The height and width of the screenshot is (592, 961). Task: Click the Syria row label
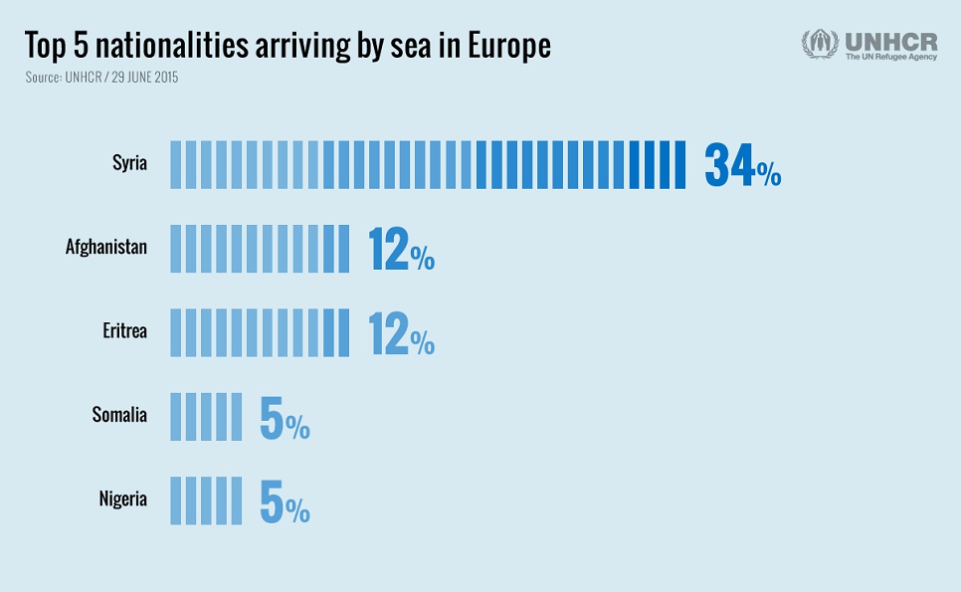[x=129, y=163]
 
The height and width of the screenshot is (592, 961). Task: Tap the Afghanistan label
[x=106, y=247]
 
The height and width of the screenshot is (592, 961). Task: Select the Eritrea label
[x=124, y=331]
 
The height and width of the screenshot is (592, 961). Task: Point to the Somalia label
[x=119, y=415]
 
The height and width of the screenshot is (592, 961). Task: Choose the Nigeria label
[x=122, y=498]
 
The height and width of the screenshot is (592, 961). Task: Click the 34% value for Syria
[x=742, y=165]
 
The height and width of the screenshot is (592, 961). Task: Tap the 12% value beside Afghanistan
[x=401, y=249]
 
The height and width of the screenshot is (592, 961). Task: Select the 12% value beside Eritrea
[x=401, y=333]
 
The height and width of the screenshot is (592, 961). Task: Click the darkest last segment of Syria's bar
[x=680, y=165]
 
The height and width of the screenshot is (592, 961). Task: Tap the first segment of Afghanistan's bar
[x=175, y=249]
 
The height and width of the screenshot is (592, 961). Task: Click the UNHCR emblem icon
[x=820, y=45]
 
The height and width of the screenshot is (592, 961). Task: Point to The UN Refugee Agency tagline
[x=890, y=58]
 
